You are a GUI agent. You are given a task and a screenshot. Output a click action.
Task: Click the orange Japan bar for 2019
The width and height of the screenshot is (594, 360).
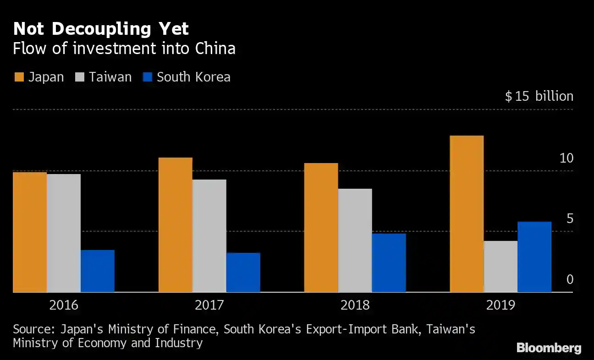[x=467, y=213]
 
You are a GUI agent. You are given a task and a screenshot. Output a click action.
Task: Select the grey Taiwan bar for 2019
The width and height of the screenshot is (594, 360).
[x=500, y=266]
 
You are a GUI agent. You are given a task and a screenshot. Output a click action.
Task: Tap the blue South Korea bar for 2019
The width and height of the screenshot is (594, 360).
[x=534, y=256]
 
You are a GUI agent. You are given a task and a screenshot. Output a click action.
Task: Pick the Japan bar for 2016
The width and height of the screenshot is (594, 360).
[x=30, y=232]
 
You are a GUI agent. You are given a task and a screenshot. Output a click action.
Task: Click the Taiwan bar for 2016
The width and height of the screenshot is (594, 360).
[x=64, y=233]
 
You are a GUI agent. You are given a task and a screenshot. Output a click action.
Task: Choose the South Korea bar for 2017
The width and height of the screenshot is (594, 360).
[x=243, y=272]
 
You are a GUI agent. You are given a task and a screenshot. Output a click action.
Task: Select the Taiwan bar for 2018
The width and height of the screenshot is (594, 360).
[x=355, y=240]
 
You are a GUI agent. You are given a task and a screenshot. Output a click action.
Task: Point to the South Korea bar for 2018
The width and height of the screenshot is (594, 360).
[x=389, y=262]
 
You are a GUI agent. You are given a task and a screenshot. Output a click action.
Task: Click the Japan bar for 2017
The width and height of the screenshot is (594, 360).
[x=176, y=224]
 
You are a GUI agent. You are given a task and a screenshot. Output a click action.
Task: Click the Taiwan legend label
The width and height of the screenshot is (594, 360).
[x=110, y=77]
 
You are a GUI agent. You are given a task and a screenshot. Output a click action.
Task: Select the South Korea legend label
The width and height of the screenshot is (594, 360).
[x=193, y=77]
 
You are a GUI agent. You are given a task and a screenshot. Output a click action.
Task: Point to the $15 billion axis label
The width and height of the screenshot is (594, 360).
[x=539, y=96]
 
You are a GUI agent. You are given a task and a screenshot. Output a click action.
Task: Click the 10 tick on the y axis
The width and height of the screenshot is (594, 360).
[x=566, y=158]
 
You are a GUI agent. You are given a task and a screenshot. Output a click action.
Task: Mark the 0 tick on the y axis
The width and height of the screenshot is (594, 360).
[x=570, y=279]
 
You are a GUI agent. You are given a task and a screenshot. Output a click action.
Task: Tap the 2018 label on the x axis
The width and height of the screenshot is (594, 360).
[x=355, y=305]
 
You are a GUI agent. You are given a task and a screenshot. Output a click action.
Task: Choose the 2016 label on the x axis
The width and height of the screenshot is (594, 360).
[x=63, y=305]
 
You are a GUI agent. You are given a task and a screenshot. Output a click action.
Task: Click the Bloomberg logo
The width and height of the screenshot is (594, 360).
[x=549, y=348]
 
